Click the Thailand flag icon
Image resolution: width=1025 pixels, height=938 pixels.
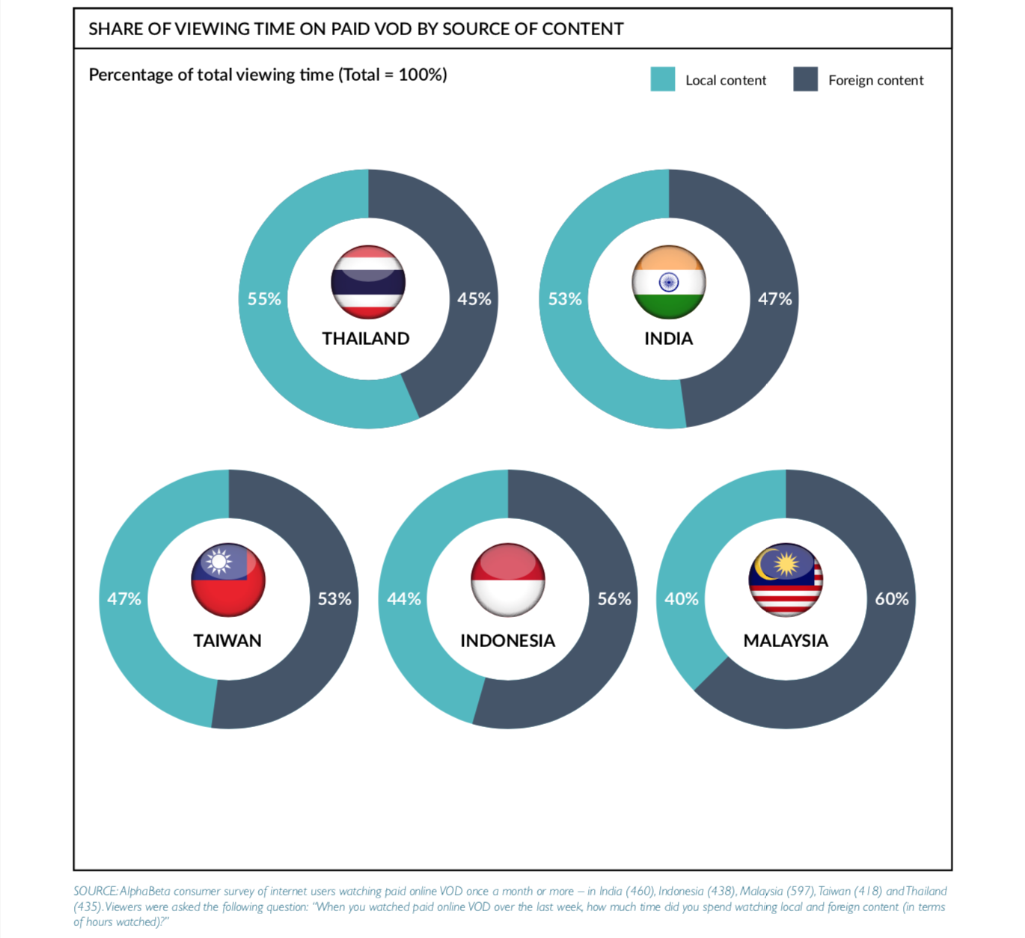click(368, 282)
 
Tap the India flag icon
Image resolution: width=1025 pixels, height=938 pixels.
click(669, 282)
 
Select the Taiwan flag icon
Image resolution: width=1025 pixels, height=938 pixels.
click(228, 580)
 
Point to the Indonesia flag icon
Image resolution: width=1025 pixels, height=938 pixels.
click(508, 580)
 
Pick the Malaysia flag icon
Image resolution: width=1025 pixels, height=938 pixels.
click(786, 580)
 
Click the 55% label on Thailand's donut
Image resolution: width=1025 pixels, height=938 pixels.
click(264, 299)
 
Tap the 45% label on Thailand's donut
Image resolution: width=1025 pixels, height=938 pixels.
click(474, 299)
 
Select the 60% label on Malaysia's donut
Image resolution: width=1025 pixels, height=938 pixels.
click(892, 599)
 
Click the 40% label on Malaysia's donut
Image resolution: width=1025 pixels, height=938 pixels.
click(682, 599)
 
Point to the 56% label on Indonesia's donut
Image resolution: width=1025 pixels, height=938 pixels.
click(614, 599)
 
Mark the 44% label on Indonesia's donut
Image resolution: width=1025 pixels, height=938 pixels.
click(404, 599)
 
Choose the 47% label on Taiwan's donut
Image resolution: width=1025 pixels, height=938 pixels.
click(124, 599)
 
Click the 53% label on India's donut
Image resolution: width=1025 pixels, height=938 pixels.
click(565, 299)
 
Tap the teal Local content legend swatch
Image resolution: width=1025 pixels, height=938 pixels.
click(663, 79)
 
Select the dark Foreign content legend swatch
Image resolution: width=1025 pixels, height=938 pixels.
click(806, 79)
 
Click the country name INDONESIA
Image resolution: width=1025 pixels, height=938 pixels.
click(508, 641)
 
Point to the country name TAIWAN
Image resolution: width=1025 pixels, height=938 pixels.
click(227, 641)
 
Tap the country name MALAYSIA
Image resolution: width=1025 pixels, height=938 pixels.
click(786, 641)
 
